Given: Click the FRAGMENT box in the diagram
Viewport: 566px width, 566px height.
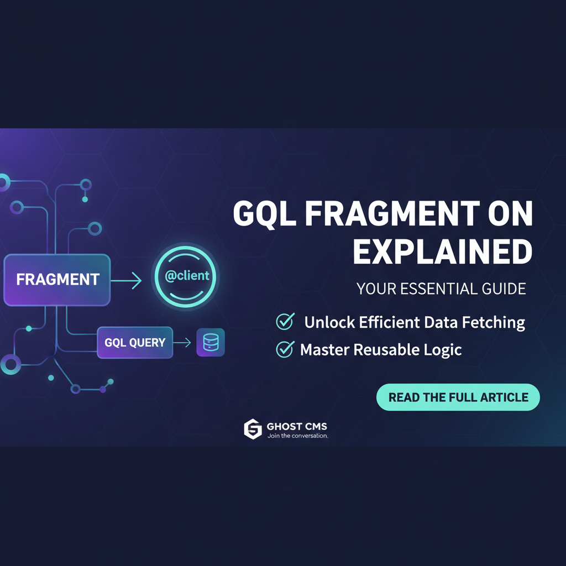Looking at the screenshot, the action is pyautogui.click(x=57, y=280).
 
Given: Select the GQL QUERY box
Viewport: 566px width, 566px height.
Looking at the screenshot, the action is pyautogui.click(x=135, y=343).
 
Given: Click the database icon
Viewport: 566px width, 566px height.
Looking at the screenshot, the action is pyautogui.click(x=211, y=343).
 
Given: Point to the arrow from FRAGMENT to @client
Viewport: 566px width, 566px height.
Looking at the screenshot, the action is pyautogui.click(x=126, y=280).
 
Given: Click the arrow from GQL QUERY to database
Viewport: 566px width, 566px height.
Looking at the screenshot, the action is pyautogui.click(x=182, y=343).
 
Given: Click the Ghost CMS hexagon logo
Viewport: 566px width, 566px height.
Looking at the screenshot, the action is pyautogui.click(x=253, y=429).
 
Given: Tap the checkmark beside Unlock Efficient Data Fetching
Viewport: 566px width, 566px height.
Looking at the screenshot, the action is pyautogui.click(x=285, y=321).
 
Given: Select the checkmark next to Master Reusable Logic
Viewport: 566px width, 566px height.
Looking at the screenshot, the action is pyautogui.click(x=285, y=349).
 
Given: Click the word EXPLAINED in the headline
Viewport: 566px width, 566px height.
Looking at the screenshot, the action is pyautogui.click(x=442, y=251).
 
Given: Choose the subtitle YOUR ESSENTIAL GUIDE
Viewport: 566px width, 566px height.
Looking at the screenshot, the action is pyautogui.click(x=441, y=289).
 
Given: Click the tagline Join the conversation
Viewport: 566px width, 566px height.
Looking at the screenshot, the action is pyautogui.click(x=298, y=436).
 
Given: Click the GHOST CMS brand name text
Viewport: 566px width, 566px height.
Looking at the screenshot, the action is pyautogui.click(x=297, y=426).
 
